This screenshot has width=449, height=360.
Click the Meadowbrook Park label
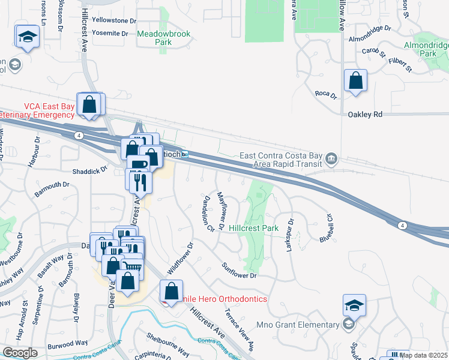163,38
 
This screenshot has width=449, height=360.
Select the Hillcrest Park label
253,229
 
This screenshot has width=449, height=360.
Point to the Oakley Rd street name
365,114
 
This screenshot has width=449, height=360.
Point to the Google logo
20,352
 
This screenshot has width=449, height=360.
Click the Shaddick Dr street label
89,170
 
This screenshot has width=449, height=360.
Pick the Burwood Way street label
69,343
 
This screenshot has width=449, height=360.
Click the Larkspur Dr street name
290,234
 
